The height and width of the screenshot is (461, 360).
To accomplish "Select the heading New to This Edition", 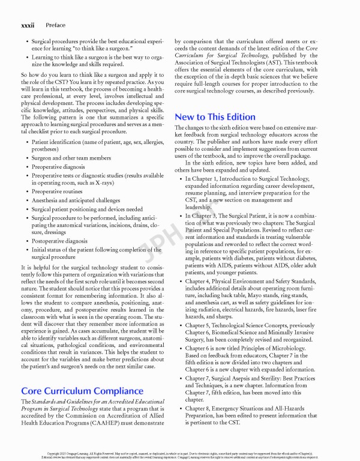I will click(x=214, y=116).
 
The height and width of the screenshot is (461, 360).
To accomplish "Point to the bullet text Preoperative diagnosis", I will click(x=58, y=166).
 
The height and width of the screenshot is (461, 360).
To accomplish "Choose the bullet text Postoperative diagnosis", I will click(x=59, y=241).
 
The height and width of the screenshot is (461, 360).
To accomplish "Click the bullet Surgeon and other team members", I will click(x=72, y=158).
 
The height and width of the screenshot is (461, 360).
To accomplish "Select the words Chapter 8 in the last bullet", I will click(x=199, y=408).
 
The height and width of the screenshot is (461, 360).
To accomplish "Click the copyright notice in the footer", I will click(x=180, y=454).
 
